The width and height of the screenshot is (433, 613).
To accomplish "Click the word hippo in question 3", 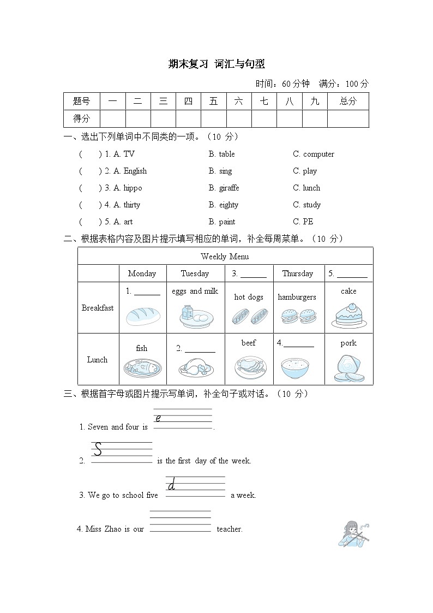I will (133, 188).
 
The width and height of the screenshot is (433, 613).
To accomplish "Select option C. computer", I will (314, 154).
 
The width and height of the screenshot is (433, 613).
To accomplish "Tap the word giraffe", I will (224, 188).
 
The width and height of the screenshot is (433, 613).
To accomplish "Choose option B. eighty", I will (224, 205).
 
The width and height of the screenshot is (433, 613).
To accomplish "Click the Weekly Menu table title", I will (225, 257).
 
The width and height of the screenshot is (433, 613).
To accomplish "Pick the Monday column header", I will (142, 273).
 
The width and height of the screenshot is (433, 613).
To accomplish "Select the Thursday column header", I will (297, 273).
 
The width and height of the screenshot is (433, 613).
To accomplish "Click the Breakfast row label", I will (98, 308).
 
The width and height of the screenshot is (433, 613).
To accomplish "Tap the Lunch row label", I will (98, 360).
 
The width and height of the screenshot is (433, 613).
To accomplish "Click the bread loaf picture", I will (142, 316).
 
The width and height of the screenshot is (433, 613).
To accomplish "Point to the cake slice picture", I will (348, 314).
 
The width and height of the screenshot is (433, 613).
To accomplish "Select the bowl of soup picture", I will (297, 368).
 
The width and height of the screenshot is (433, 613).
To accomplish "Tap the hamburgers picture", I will (297, 316).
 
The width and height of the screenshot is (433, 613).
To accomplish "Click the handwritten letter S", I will (98, 449).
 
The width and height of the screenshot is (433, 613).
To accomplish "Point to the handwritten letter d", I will (172, 484).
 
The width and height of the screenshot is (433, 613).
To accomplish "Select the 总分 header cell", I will (347, 101).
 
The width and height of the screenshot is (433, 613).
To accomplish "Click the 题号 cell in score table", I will (81, 101).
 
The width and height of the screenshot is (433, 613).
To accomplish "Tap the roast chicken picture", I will (195, 368).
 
